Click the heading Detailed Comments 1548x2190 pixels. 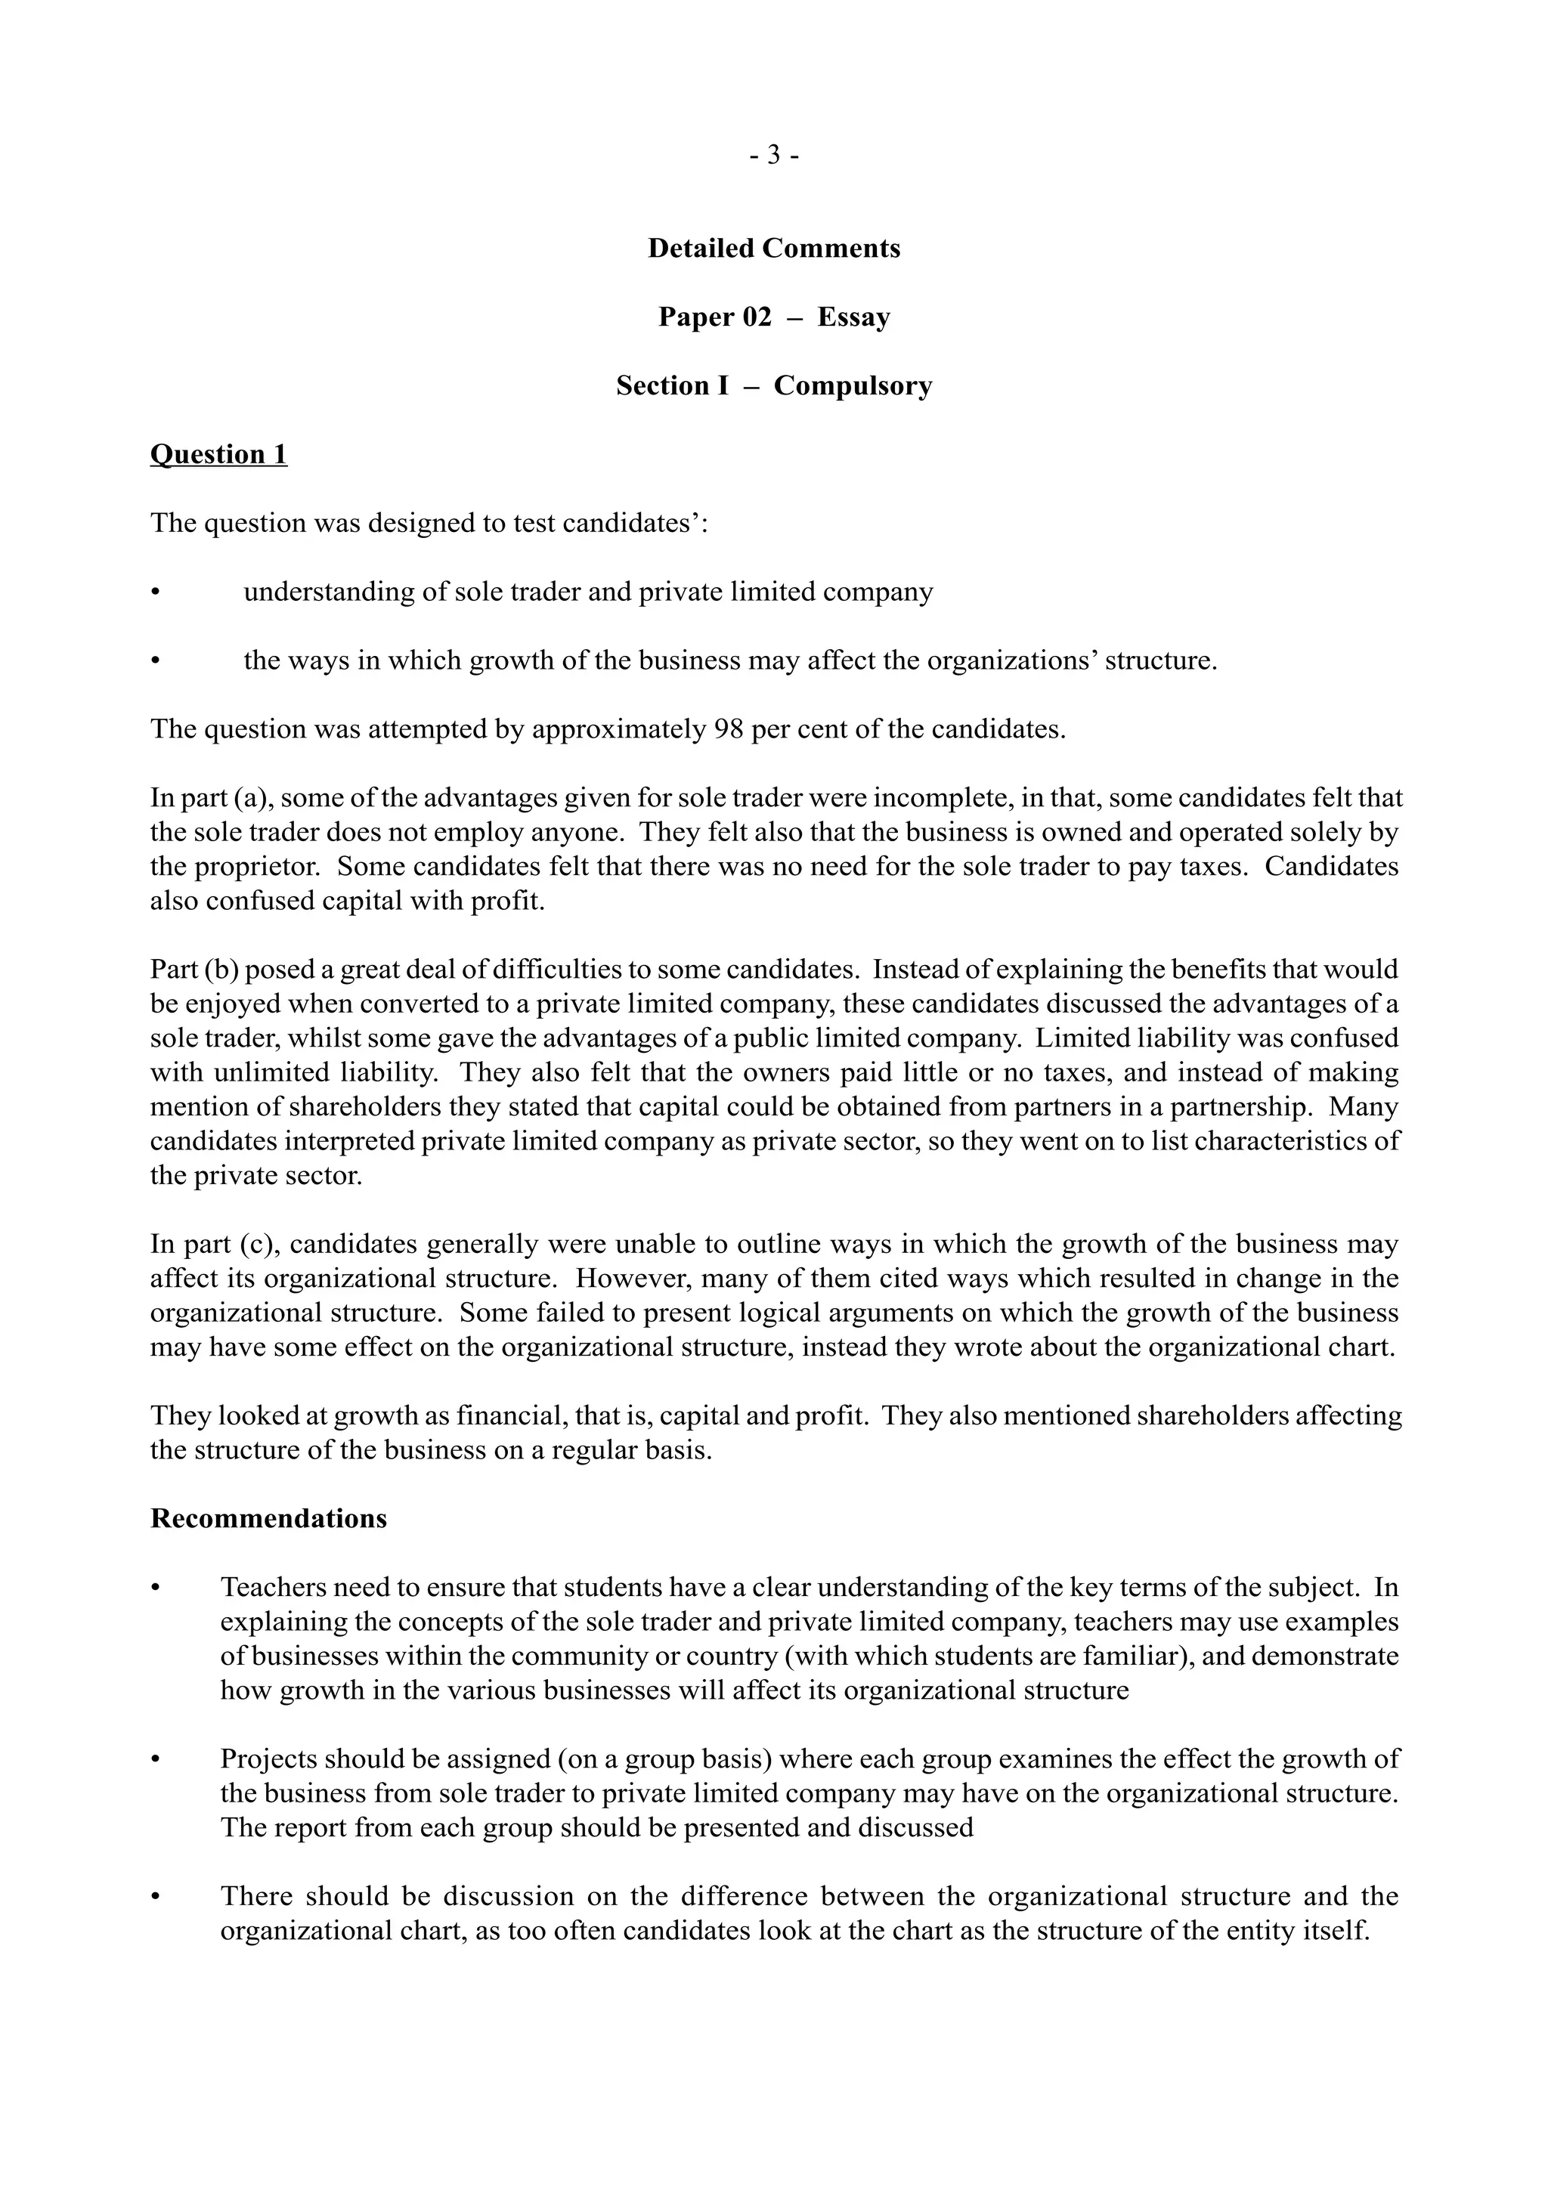tap(773, 248)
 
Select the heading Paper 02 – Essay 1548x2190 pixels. tap(773, 317)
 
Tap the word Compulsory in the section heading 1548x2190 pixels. tap(852, 385)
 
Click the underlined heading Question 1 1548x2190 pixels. tap(218, 454)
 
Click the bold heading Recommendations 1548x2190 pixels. tap(269, 1518)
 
